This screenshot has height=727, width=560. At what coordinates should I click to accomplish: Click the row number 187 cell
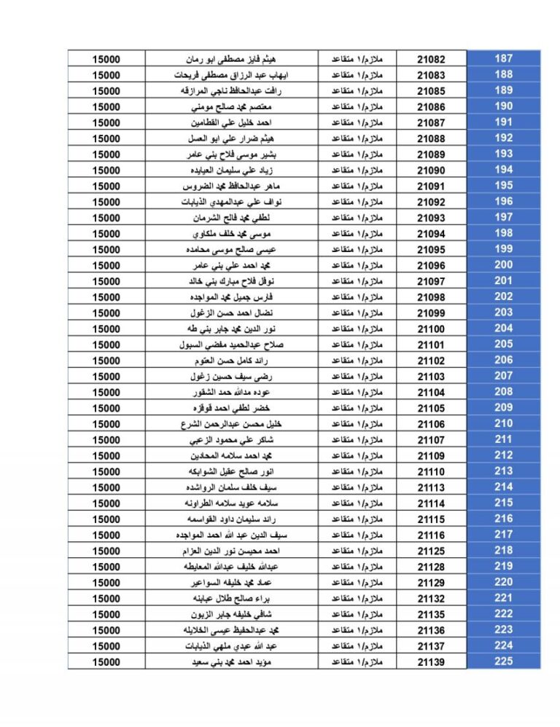[503, 58]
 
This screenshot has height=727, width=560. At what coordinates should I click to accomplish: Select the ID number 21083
[431, 75]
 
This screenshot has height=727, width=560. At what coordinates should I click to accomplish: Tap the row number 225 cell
[503, 661]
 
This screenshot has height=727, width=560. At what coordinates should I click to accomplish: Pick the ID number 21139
[431, 662]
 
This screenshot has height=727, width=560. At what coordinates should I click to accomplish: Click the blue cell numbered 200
[503, 265]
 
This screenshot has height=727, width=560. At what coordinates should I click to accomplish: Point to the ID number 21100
[431, 329]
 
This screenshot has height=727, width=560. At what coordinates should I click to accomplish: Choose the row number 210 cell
[503, 423]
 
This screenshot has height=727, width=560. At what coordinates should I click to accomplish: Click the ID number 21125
[431, 551]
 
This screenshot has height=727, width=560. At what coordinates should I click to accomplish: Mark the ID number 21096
[431, 265]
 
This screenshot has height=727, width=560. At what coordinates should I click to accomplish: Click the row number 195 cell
[503, 186]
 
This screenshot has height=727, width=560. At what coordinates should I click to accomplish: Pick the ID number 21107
[431, 440]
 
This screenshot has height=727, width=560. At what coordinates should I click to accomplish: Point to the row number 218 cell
[503, 550]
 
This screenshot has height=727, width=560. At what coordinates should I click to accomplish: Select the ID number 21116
[431, 535]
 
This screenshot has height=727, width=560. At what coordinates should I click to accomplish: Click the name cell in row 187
[232, 59]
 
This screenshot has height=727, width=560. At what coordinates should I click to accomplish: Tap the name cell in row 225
[232, 662]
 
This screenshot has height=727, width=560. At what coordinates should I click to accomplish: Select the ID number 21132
[431, 598]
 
